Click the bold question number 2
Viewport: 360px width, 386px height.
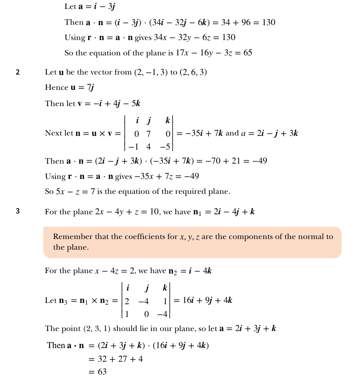point(17,72)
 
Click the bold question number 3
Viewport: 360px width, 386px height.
point(17,211)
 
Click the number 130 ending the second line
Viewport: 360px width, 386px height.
point(269,22)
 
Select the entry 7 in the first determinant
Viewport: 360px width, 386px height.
point(149,134)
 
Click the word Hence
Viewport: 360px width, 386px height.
point(56,88)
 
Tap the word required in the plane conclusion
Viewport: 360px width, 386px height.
point(179,192)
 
